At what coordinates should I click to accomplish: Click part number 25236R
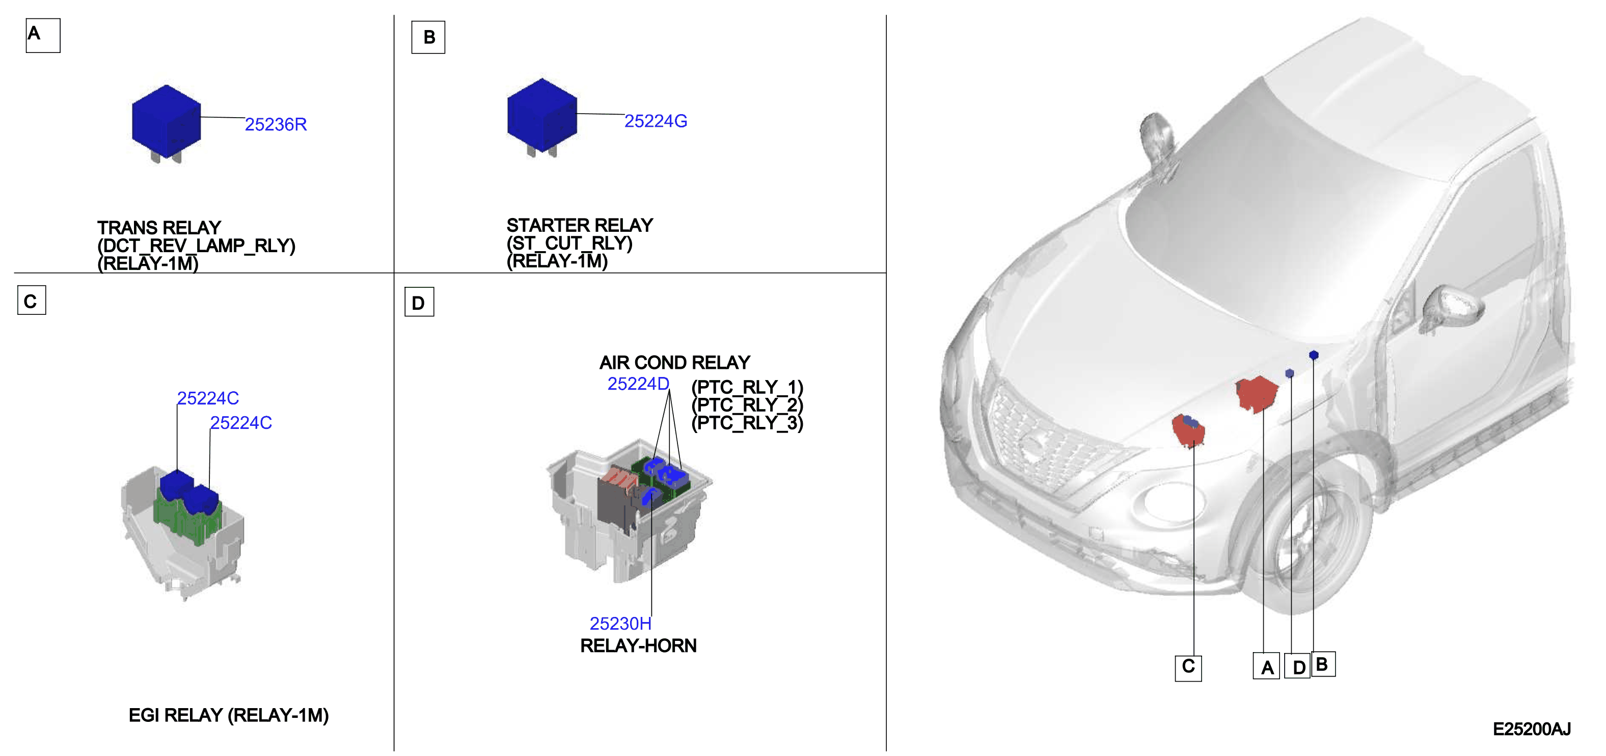276,125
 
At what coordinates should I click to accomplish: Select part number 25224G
656,121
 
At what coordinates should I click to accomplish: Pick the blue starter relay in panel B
542,117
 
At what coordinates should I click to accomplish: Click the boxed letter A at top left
43,36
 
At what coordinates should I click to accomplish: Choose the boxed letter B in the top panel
428,37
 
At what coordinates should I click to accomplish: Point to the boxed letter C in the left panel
32,301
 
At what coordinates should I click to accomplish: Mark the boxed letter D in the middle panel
419,302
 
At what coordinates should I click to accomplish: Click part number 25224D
638,384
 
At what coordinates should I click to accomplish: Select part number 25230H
620,623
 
